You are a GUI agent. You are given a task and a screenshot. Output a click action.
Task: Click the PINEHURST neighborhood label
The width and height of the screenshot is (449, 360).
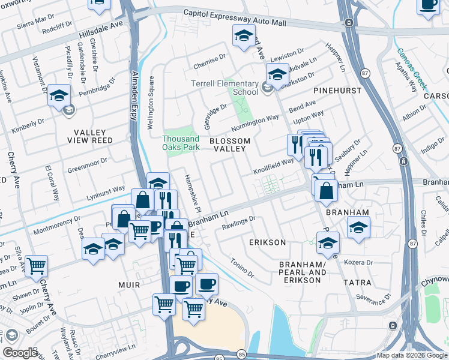tap(338, 91)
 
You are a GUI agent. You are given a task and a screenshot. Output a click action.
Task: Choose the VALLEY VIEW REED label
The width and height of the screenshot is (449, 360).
tap(89, 136)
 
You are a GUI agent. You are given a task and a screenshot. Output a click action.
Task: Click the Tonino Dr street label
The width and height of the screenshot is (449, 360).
tap(243, 268)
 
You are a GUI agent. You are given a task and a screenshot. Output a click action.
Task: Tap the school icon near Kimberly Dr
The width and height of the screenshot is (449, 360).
tap(59, 96)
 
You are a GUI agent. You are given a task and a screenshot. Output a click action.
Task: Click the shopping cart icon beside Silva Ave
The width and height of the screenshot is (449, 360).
tap(37, 265)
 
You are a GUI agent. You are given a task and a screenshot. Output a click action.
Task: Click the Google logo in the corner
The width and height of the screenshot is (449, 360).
tap(20, 353)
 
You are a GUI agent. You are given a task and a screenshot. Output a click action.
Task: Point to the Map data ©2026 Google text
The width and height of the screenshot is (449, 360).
tap(412, 355)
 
